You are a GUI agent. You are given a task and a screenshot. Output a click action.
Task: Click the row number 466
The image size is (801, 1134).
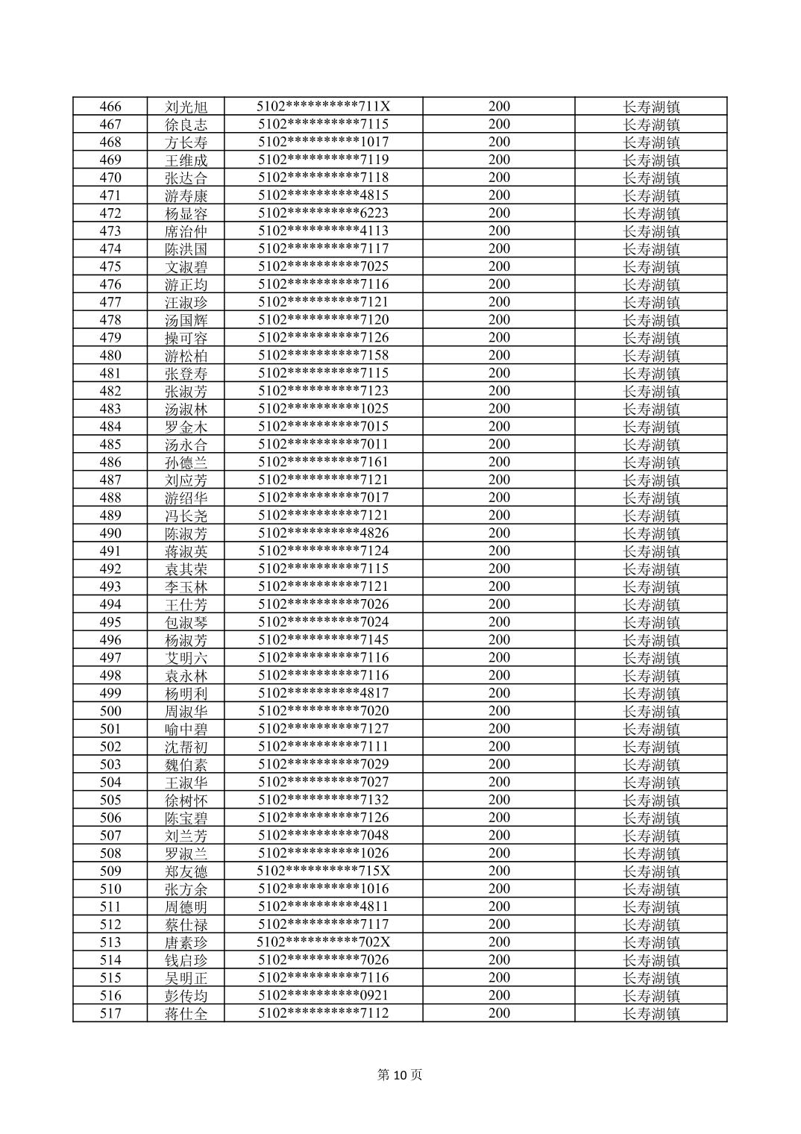tap(110, 107)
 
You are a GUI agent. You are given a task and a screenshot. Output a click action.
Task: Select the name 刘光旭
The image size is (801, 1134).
tap(186, 107)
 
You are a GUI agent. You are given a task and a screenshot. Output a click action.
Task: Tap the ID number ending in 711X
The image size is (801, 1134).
tap(323, 107)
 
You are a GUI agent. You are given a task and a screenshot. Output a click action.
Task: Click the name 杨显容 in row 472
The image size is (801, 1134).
tap(186, 213)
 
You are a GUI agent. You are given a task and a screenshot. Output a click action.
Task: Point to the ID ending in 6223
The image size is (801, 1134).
tap(323, 213)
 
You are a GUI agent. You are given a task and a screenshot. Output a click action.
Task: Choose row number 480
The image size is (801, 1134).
tap(110, 356)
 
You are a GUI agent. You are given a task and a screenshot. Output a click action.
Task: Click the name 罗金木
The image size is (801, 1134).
tap(186, 427)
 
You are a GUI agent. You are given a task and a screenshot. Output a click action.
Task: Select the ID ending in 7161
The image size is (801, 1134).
tap(323, 463)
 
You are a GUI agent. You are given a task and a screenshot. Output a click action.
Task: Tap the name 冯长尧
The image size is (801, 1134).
tap(186, 516)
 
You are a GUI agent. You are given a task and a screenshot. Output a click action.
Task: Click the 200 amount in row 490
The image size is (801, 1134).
tap(499, 533)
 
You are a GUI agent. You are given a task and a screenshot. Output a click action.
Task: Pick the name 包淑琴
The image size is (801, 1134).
tap(186, 622)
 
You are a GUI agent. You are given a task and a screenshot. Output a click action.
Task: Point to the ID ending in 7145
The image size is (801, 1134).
tap(323, 640)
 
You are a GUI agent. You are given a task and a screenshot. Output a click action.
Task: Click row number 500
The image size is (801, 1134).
tap(110, 711)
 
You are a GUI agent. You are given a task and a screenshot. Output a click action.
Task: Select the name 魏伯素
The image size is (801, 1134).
tap(186, 765)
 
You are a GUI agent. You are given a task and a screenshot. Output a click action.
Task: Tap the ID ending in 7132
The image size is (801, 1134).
tap(323, 800)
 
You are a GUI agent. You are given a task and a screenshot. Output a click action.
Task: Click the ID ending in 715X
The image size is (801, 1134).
tap(323, 871)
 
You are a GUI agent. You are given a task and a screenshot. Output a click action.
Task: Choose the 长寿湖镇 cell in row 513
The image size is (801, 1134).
tap(651, 942)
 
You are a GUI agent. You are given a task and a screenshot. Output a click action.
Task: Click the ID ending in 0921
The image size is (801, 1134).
tap(323, 995)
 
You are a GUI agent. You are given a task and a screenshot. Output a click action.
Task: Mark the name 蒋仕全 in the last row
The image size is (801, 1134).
tap(186, 1013)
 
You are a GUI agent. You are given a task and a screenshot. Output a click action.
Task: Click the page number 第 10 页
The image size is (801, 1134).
tap(400, 1075)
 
